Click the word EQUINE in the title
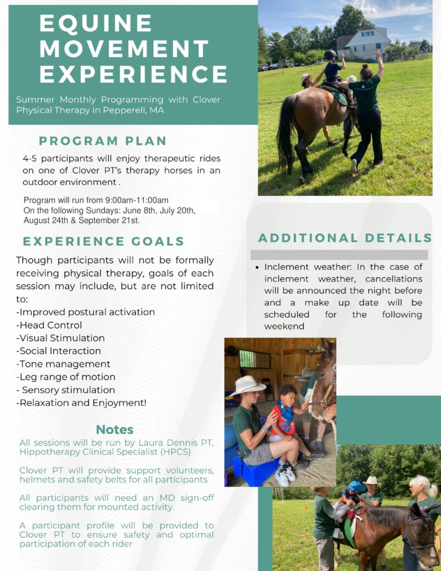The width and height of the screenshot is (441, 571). tap(95, 23)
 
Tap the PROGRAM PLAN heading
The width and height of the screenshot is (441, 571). tap(103, 141)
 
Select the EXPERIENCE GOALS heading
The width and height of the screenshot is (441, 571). tap(104, 241)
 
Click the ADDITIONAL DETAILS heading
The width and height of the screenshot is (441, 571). tap(345, 238)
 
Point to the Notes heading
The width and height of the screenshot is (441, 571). tap(115, 430)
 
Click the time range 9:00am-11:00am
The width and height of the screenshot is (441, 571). tap(137, 200)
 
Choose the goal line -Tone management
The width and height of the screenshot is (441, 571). tap(63, 364)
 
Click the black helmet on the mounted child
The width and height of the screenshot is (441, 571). tap(330, 55)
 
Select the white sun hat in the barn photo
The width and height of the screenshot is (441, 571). tap(248, 385)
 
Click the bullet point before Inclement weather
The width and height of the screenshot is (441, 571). tap(257, 268)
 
